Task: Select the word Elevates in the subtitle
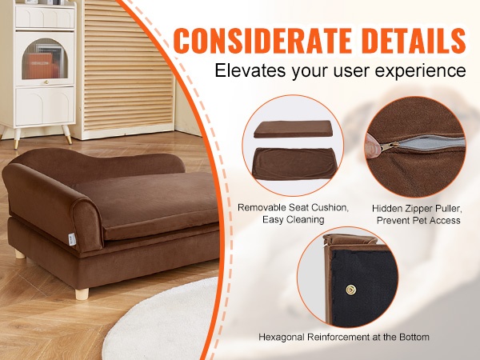tap(250, 70)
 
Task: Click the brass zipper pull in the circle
tap(390, 146)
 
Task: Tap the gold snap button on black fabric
tap(350, 290)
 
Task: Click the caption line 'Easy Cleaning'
tap(294, 219)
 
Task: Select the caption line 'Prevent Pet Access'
tap(418, 221)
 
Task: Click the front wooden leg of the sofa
tap(82, 294)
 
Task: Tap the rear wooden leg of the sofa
tap(20, 254)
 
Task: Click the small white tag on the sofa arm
tap(72, 239)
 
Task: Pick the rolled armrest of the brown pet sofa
tap(52, 203)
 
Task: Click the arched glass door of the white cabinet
tap(45, 58)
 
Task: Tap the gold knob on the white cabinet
tap(46, 82)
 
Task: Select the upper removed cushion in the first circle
tap(294, 129)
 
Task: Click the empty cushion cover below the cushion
tap(292, 164)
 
